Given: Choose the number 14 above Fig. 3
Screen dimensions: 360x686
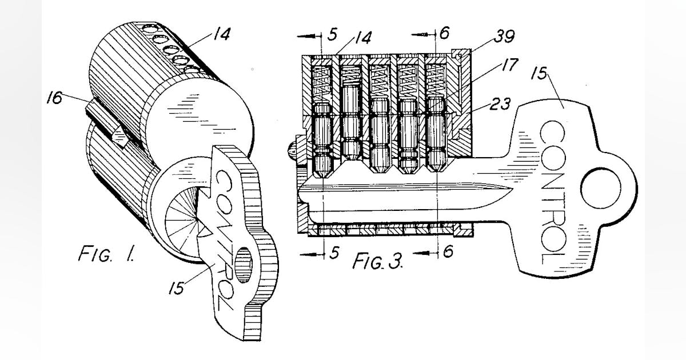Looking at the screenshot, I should point(362,38).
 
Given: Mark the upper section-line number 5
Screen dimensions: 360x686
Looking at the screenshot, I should point(333,35).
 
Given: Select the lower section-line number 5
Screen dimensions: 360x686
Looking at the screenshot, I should point(333,251).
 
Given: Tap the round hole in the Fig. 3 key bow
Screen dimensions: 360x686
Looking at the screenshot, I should point(599,188).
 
